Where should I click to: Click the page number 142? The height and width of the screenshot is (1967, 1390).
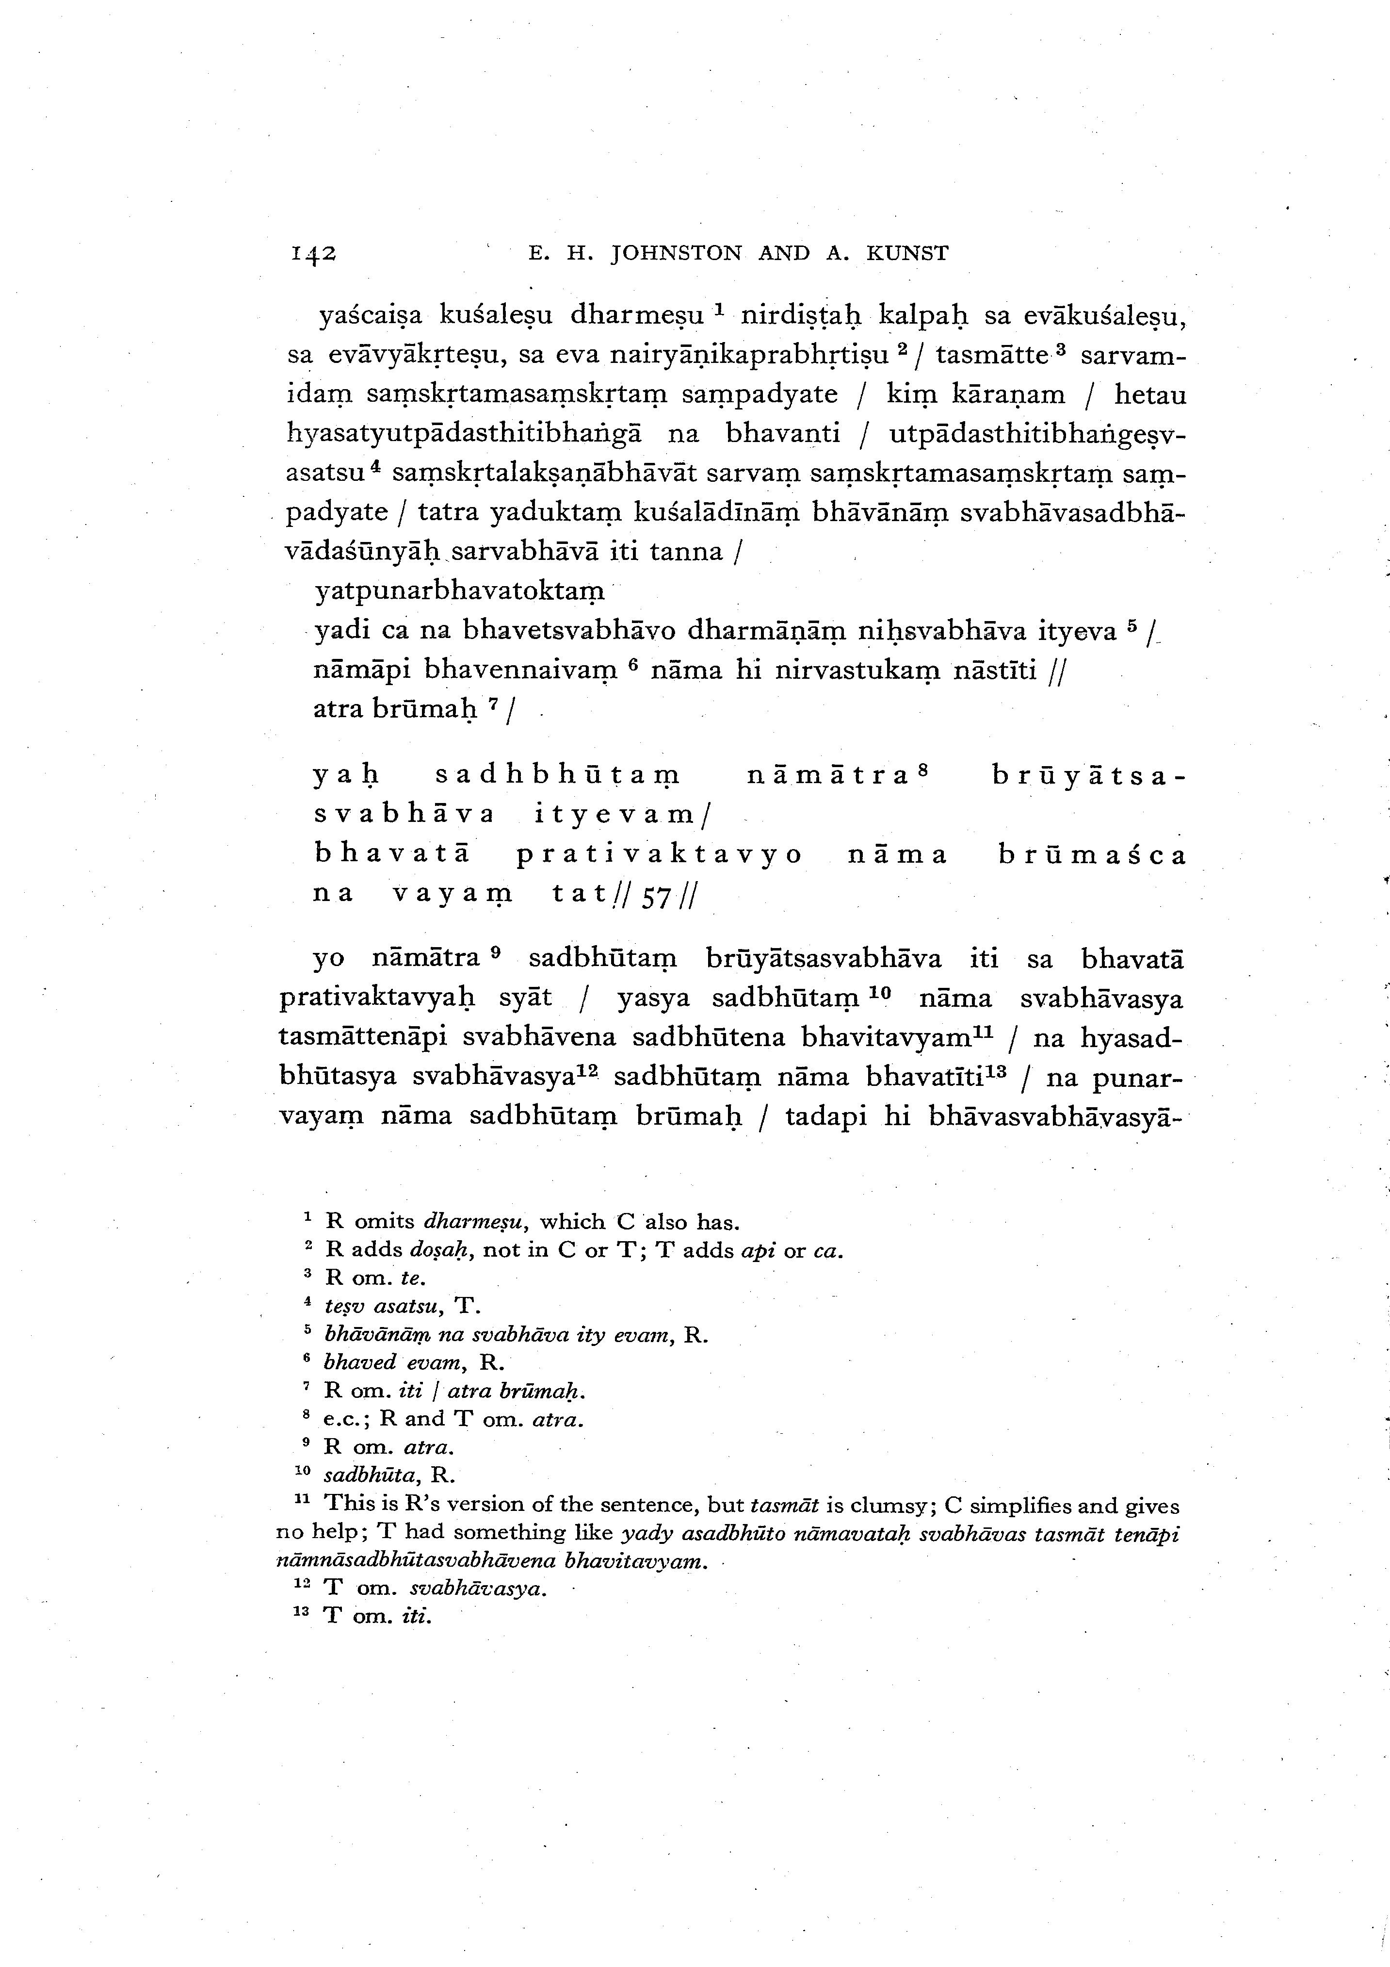point(313,254)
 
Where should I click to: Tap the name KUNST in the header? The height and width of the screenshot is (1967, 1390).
point(908,254)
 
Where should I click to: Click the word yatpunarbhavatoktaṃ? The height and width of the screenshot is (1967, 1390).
point(460,591)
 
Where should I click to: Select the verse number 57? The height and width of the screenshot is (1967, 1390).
point(657,897)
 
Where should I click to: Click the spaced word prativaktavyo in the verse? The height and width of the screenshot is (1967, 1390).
point(660,855)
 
